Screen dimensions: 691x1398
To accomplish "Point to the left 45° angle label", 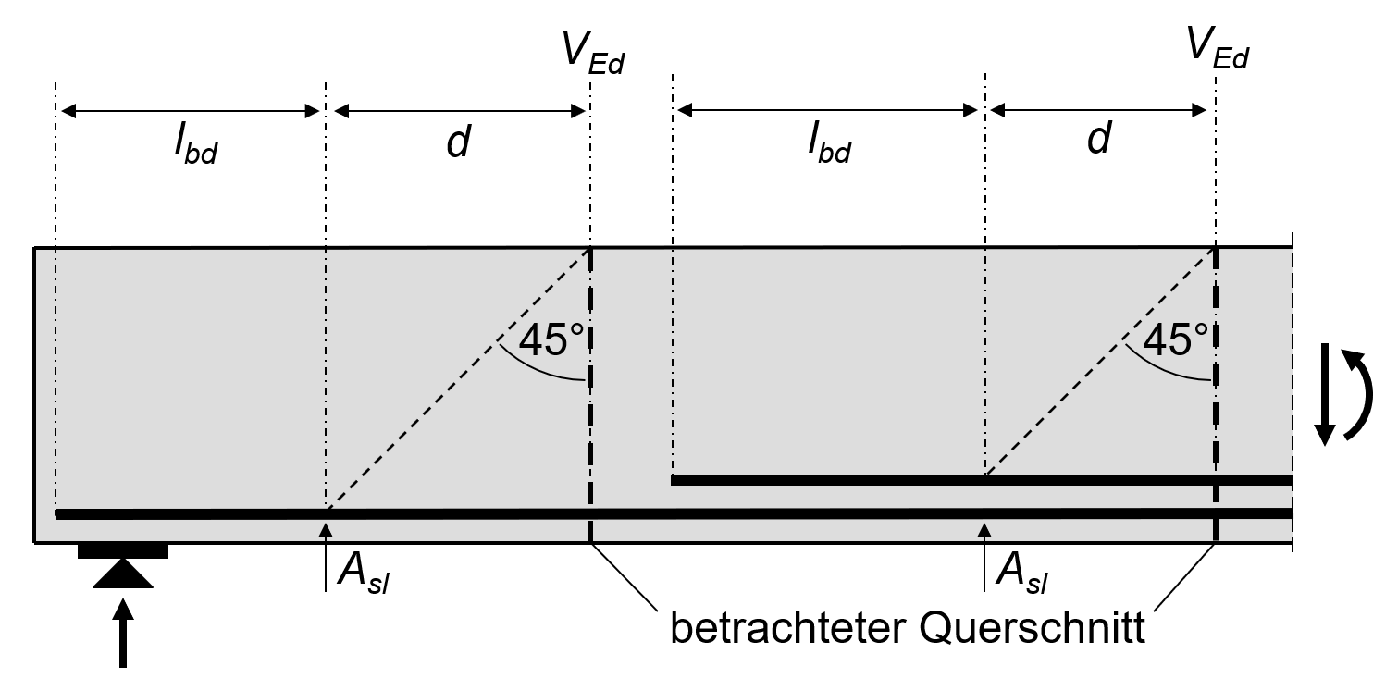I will coord(552,340).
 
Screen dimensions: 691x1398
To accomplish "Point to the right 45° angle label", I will coord(1176,339).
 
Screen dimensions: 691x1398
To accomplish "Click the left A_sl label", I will coord(363,579).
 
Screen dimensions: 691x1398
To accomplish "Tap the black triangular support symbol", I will coord(123,575).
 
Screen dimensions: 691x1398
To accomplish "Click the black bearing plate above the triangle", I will coord(123,552).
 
